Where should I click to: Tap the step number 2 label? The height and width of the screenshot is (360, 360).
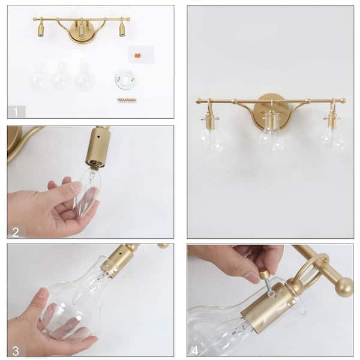click(16, 232)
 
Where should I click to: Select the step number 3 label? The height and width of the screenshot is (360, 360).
click(16, 350)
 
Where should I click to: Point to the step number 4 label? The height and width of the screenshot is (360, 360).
click(196, 350)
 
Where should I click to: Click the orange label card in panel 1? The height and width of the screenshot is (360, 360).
click(137, 55)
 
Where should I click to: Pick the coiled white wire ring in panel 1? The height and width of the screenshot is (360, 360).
click(125, 79)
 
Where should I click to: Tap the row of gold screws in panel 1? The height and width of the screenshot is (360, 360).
click(127, 100)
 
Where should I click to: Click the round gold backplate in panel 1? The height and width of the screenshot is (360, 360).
click(82, 34)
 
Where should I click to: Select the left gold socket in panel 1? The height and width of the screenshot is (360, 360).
click(41, 30)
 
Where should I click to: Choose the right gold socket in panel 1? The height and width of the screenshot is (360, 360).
click(122, 30)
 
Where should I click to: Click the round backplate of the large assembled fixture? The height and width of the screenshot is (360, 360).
click(271, 110)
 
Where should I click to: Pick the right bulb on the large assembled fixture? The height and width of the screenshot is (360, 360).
click(332, 137)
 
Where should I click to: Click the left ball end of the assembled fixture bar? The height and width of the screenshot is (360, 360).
click(198, 101)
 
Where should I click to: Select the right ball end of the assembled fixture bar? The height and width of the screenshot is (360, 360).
click(343, 101)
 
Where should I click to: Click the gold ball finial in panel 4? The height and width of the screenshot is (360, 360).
click(343, 287)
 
